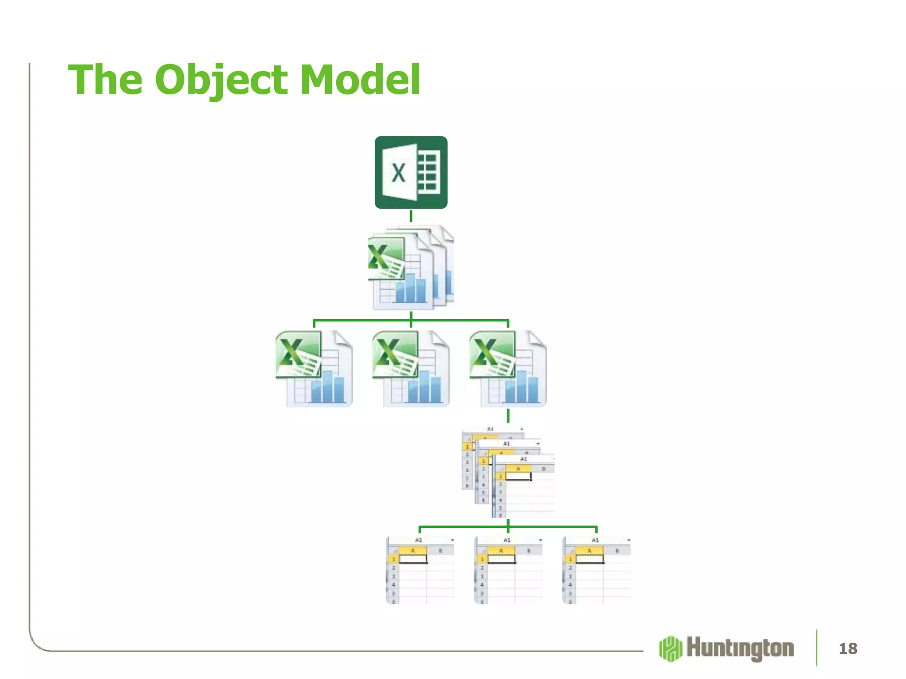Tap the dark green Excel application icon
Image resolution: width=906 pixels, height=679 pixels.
tap(411, 172)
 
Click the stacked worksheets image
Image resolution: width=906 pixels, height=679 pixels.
tap(508, 471)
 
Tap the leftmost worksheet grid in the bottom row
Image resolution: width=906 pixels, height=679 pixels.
tap(420, 570)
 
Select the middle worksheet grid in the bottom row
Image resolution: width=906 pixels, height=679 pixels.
tap(508, 570)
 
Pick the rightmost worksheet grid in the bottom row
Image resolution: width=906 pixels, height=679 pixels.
tap(596, 570)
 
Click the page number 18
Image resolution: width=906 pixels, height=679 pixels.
tap(848, 648)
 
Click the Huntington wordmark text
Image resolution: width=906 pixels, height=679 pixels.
tap(740, 648)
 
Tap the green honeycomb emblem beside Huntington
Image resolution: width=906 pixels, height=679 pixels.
tap(671, 648)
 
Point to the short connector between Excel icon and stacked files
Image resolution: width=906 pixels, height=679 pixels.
tap(411, 216)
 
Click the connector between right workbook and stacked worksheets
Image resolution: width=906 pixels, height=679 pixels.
tap(508, 416)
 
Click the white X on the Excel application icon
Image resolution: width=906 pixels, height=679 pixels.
tap(398, 173)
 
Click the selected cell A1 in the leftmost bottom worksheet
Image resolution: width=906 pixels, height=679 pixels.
tap(413, 559)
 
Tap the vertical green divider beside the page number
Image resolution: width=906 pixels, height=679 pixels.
tap(816, 648)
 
